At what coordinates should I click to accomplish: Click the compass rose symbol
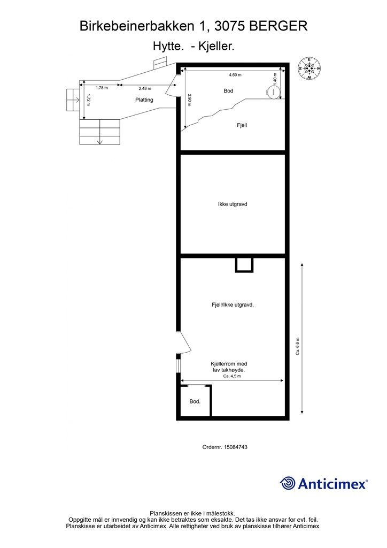click(x=309, y=68)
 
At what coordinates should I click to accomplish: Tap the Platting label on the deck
click(x=144, y=100)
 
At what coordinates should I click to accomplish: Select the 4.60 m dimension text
click(x=235, y=75)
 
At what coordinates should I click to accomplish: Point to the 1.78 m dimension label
click(x=102, y=88)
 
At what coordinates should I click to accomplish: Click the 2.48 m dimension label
click(x=145, y=88)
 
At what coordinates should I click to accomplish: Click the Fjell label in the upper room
click(x=242, y=125)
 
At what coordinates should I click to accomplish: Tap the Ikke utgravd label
click(x=233, y=204)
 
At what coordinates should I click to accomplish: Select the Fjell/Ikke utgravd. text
click(x=233, y=305)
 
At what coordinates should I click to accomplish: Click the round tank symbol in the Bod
click(x=273, y=92)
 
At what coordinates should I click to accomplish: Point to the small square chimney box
click(x=244, y=265)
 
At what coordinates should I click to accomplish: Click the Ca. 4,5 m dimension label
click(x=232, y=376)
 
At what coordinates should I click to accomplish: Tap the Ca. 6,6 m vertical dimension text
click(x=298, y=346)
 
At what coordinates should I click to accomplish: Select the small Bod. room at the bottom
click(x=195, y=401)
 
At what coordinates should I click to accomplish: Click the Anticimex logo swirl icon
click(x=287, y=483)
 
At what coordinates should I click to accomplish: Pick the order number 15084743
click(x=236, y=447)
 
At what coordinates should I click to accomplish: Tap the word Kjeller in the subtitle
click(x=216, y=46)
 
